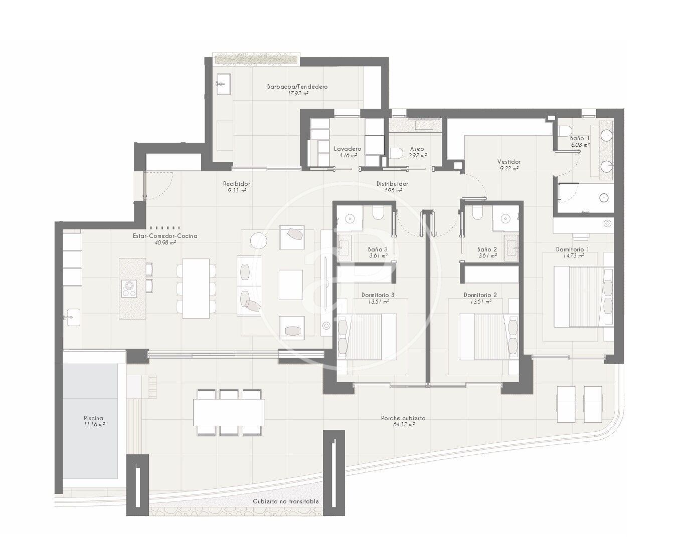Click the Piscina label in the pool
[93, 418]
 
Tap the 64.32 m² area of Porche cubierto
[403, 424]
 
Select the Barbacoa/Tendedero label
[297, 87]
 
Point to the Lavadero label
[348, 149]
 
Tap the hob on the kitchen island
[129, 288]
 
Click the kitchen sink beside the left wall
[72, 317]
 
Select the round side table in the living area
[259, 240]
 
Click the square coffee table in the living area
[291, 285]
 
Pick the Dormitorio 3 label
[378, 295]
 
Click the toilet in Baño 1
[565, 131]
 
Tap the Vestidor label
[509, 162]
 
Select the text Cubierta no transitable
[286, 501]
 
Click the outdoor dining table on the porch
[229, 412]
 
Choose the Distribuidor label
[392, 184]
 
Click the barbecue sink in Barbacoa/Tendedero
[223, 84]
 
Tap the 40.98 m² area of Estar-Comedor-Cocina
[165, 242]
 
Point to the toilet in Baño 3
[378, 212]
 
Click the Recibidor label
[237, 184]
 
